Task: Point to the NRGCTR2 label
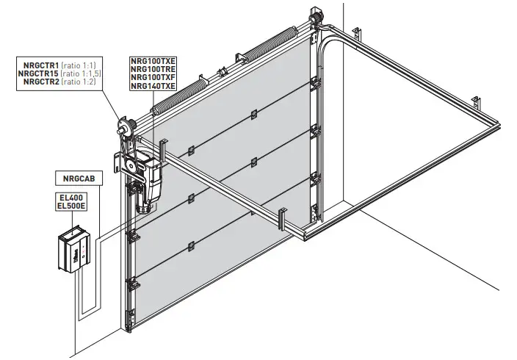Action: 37,82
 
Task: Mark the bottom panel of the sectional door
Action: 220,279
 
